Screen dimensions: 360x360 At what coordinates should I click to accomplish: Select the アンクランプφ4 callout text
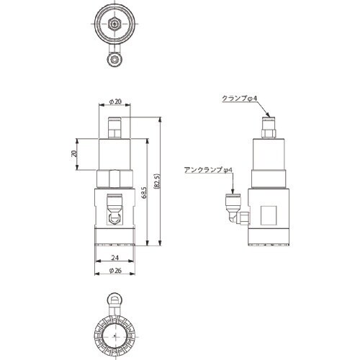[x=207, y=170]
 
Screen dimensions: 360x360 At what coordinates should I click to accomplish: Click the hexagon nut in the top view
[x=116, y=24]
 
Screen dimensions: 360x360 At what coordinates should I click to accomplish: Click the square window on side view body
[x=271, y=215]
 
